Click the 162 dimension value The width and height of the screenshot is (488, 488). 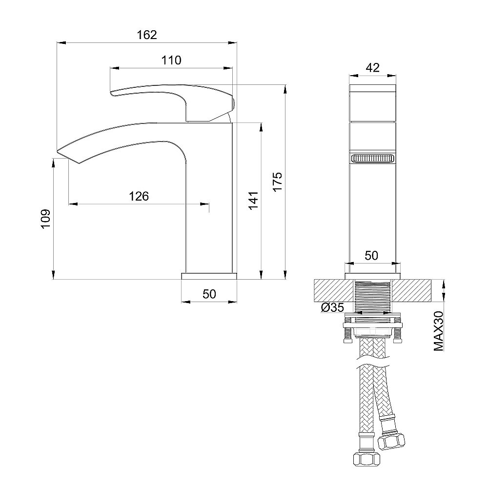(x=147, y=35)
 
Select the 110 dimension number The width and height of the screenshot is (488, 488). (x=171, y=61)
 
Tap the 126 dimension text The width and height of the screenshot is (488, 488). (x=139, y=196)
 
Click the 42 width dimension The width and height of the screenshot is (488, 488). (x=372, y=68)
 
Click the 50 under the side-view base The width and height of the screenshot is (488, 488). (x=209, y=294)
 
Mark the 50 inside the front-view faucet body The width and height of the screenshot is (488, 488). (x=372, y=255)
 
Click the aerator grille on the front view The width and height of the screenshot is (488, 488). (x=372, y=159)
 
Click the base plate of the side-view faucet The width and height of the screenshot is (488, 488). (x=209, y=276)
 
